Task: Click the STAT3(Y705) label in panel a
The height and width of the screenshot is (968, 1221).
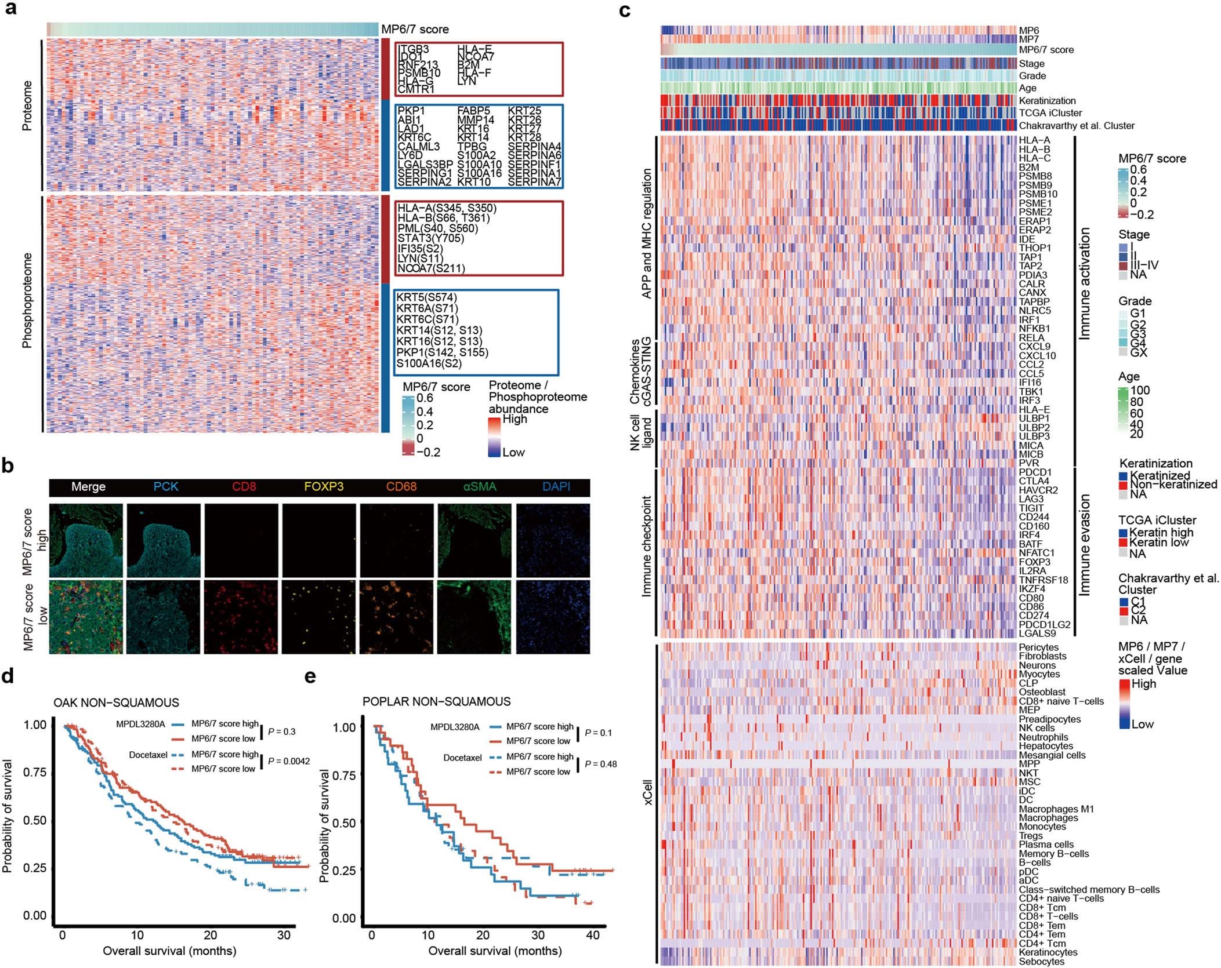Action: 430,238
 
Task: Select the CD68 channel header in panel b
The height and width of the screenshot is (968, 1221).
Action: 401,487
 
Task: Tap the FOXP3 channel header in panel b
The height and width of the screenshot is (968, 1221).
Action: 324,487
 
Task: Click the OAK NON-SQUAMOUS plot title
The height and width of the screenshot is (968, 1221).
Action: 116,703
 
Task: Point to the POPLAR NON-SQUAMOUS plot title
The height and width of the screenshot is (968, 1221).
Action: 436,702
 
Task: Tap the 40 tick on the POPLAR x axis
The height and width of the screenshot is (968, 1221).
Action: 593,935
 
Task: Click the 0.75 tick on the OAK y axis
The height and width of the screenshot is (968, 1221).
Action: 35,773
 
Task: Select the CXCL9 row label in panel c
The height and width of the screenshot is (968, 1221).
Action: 1034,347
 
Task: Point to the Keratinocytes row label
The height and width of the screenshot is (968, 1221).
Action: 1048,952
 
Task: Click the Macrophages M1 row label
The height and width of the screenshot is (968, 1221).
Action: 1056,809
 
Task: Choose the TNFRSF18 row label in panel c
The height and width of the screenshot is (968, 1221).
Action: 1043,580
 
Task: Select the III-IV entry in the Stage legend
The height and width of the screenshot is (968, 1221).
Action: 1144,265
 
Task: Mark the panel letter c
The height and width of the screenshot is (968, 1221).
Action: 625,10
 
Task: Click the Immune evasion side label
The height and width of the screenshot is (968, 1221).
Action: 1084,545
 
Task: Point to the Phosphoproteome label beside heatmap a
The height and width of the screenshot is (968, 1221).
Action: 27,300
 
